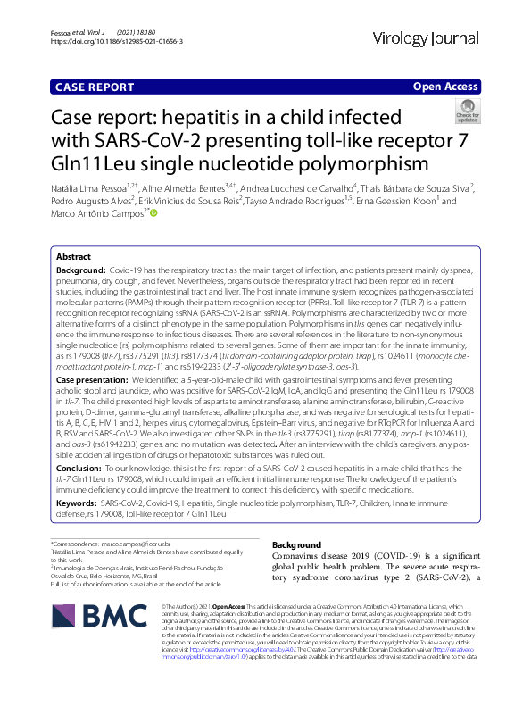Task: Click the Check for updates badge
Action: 467,112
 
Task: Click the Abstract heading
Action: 74,255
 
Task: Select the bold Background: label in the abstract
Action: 81,270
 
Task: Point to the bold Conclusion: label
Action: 85,466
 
